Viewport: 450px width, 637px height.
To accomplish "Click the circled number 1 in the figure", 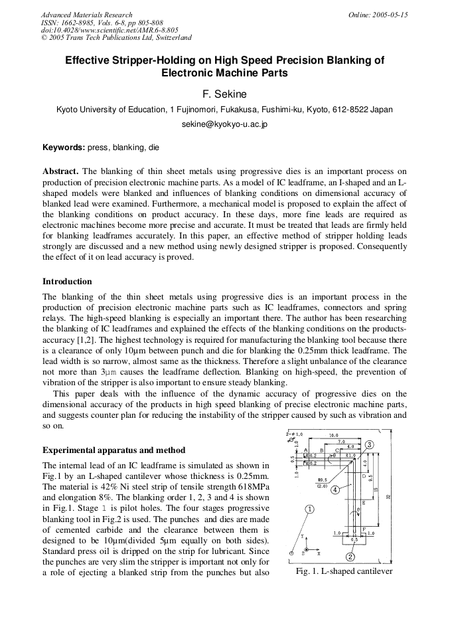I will (309, 510).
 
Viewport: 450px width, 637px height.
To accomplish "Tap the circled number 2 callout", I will (350, 557).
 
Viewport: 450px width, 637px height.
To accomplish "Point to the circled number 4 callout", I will (335, 490).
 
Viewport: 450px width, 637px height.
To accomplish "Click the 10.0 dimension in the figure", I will (335, 435).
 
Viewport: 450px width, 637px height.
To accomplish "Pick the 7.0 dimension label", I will (341, 442).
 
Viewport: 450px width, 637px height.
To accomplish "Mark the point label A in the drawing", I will (305, 450).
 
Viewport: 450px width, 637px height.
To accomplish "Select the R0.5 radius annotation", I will (322, 480).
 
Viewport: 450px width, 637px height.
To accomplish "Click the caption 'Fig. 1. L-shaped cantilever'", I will (343, 571).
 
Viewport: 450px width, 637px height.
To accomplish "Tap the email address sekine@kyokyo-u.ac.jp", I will (224, 124).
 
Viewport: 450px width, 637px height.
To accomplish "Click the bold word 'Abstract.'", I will (60, 171).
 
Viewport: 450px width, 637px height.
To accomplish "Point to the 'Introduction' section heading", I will (67, 281).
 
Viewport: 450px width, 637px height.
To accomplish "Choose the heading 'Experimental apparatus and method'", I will (113, 450).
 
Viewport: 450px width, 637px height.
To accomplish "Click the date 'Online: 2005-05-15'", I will (378, 15).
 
